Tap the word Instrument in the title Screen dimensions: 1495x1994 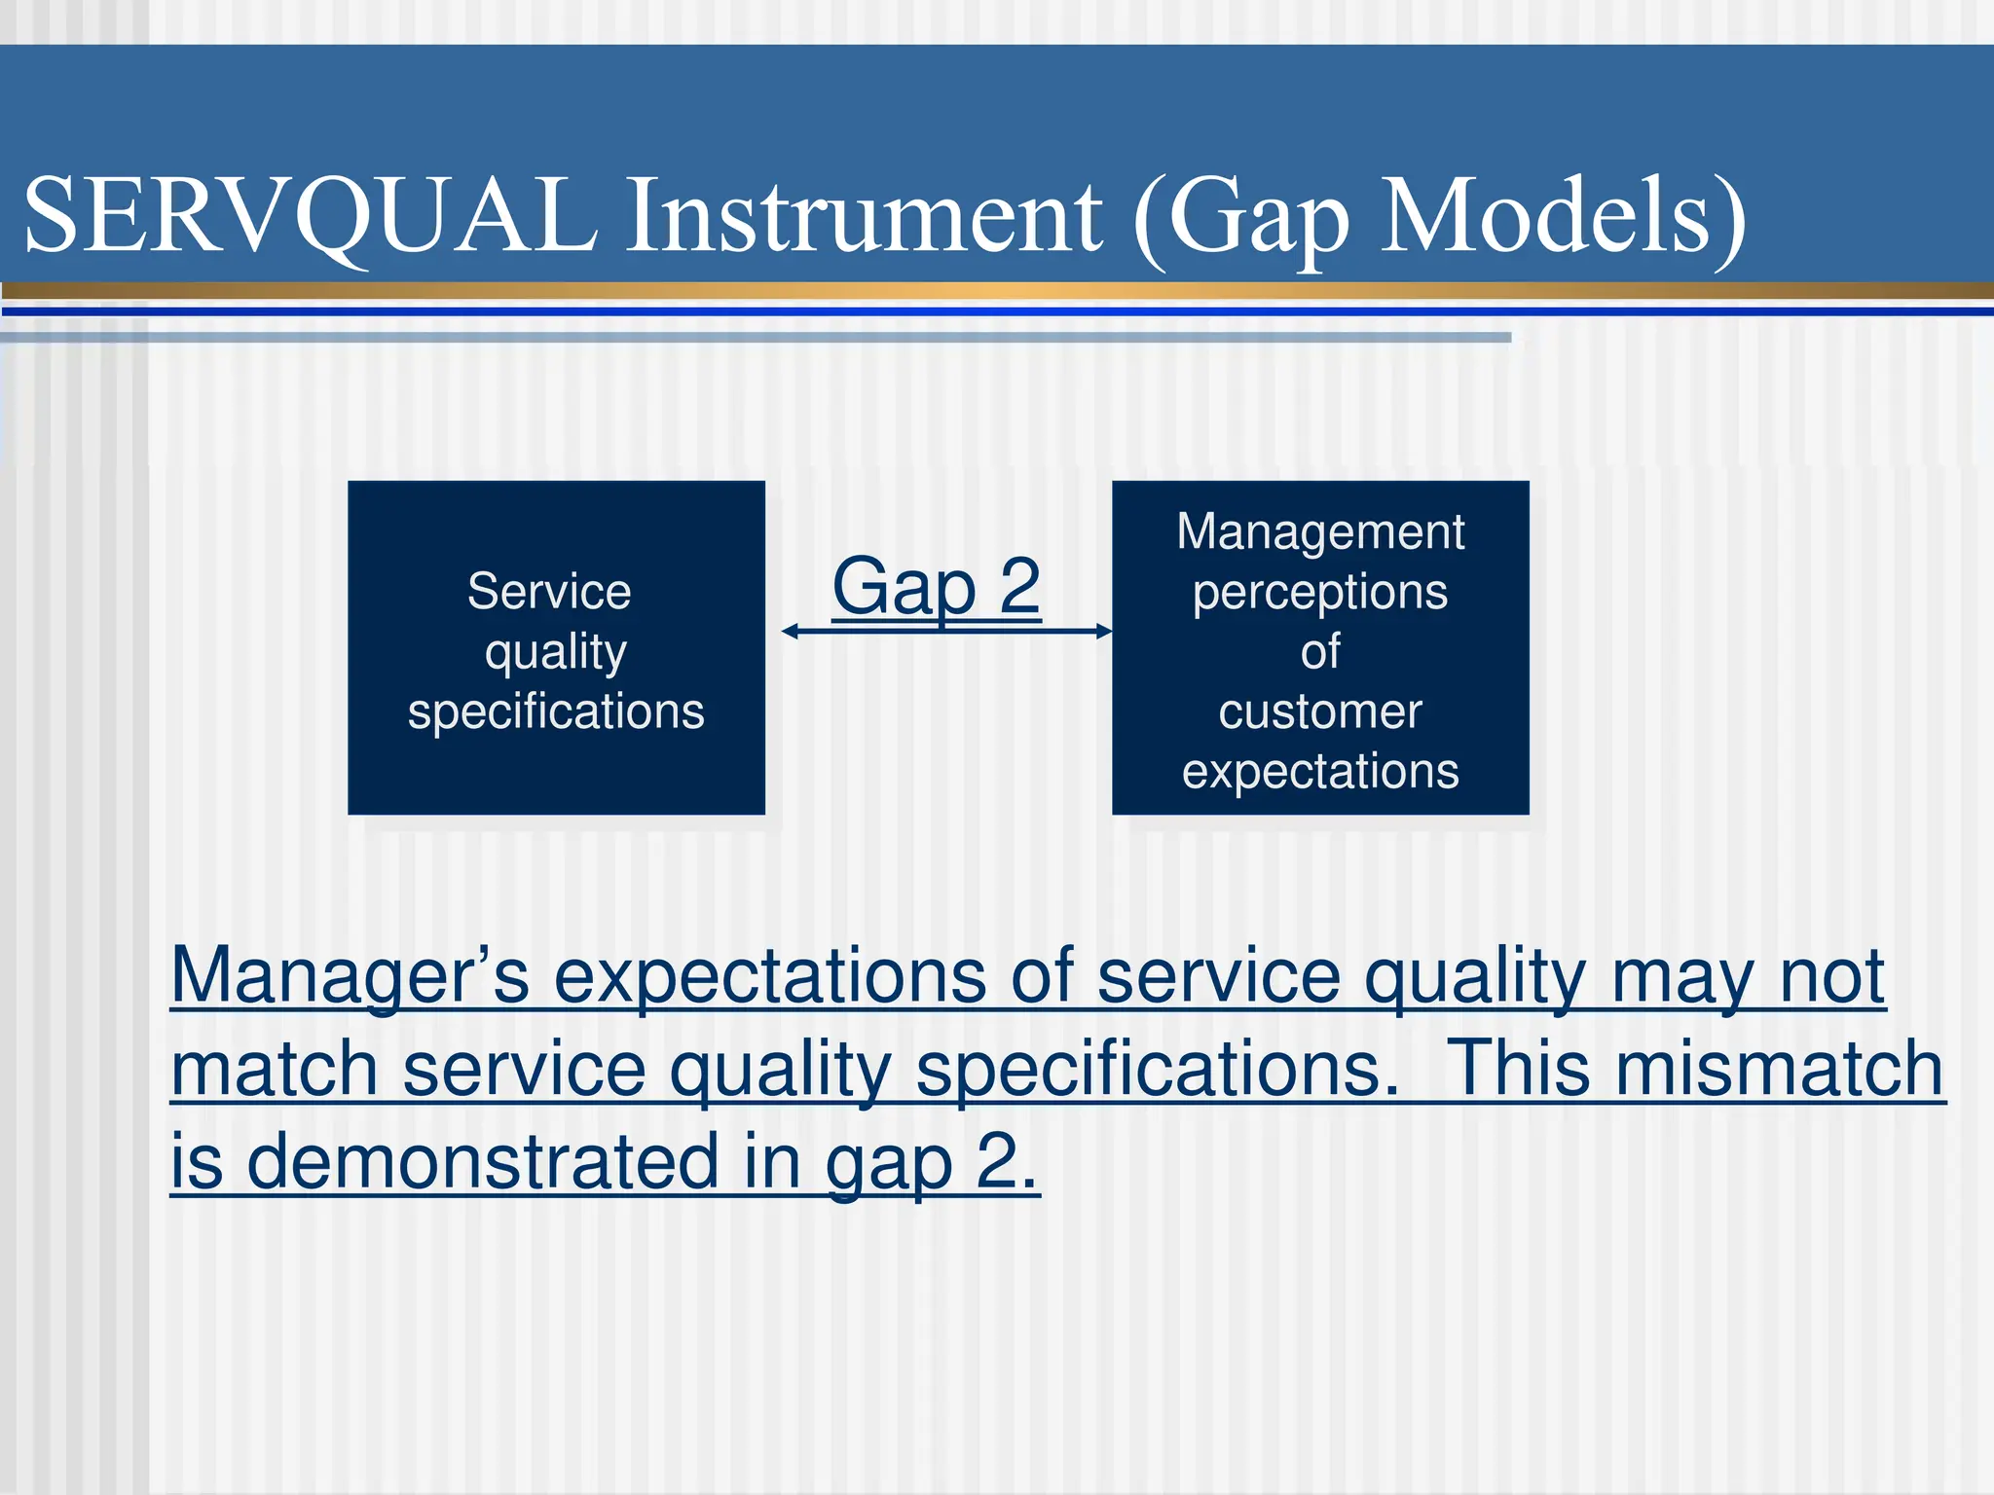(864, 216)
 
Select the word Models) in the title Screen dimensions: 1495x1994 (1563, 216)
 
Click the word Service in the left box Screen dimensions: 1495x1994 (549, 591)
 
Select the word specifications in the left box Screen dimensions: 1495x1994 (556, 711)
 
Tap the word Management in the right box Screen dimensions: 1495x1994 (1320, 531)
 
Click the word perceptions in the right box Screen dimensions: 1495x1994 (1320, 592)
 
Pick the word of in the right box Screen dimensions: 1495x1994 (1320, 651)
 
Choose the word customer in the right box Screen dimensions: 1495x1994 (1320, 711)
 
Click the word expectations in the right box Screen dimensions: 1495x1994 (1320, 771)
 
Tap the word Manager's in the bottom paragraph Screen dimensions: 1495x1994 (351, 975)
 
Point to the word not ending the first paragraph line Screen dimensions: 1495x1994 (1831, 975)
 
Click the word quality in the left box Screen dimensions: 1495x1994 (556, 651)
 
